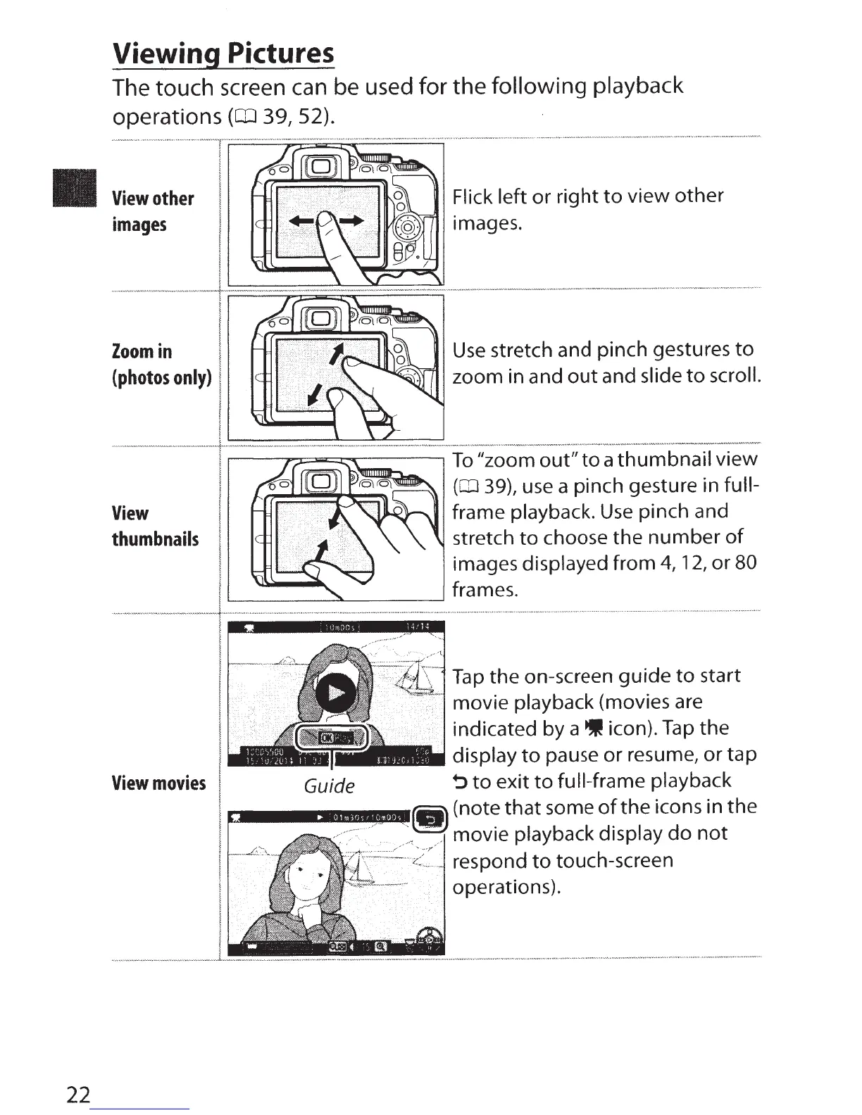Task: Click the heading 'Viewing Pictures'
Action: [x=223, y=53]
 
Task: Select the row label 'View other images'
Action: [x=152, y=211]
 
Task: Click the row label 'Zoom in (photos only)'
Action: [x=161, y=364]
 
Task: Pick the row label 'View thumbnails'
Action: [x=155, y=526]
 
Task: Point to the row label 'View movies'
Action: [x=158, y=783]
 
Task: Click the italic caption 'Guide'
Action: [x=329, y=786]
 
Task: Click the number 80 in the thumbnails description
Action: [x=744, y=563]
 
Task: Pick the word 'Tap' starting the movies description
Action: [x=468, y=676]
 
